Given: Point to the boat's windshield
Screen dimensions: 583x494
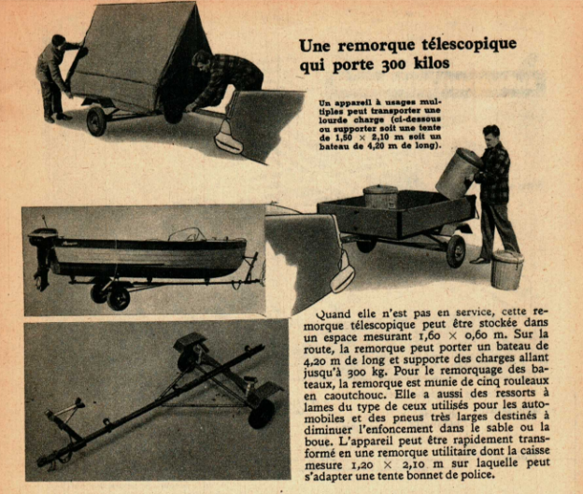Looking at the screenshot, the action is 187,234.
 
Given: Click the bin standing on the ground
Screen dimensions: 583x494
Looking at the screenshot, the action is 507,270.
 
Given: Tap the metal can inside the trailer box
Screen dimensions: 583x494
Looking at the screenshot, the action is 380,196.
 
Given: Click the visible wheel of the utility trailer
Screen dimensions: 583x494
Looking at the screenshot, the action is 456,251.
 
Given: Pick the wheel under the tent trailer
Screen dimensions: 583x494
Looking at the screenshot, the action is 96,121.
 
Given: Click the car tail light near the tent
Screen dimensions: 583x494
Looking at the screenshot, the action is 228,136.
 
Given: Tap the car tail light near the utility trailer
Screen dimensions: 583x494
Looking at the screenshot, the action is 343,274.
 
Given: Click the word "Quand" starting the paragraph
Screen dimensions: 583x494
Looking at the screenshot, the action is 333,314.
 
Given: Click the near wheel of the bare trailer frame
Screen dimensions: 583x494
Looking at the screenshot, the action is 261,414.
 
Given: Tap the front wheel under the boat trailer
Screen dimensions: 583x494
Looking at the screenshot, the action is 119,296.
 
